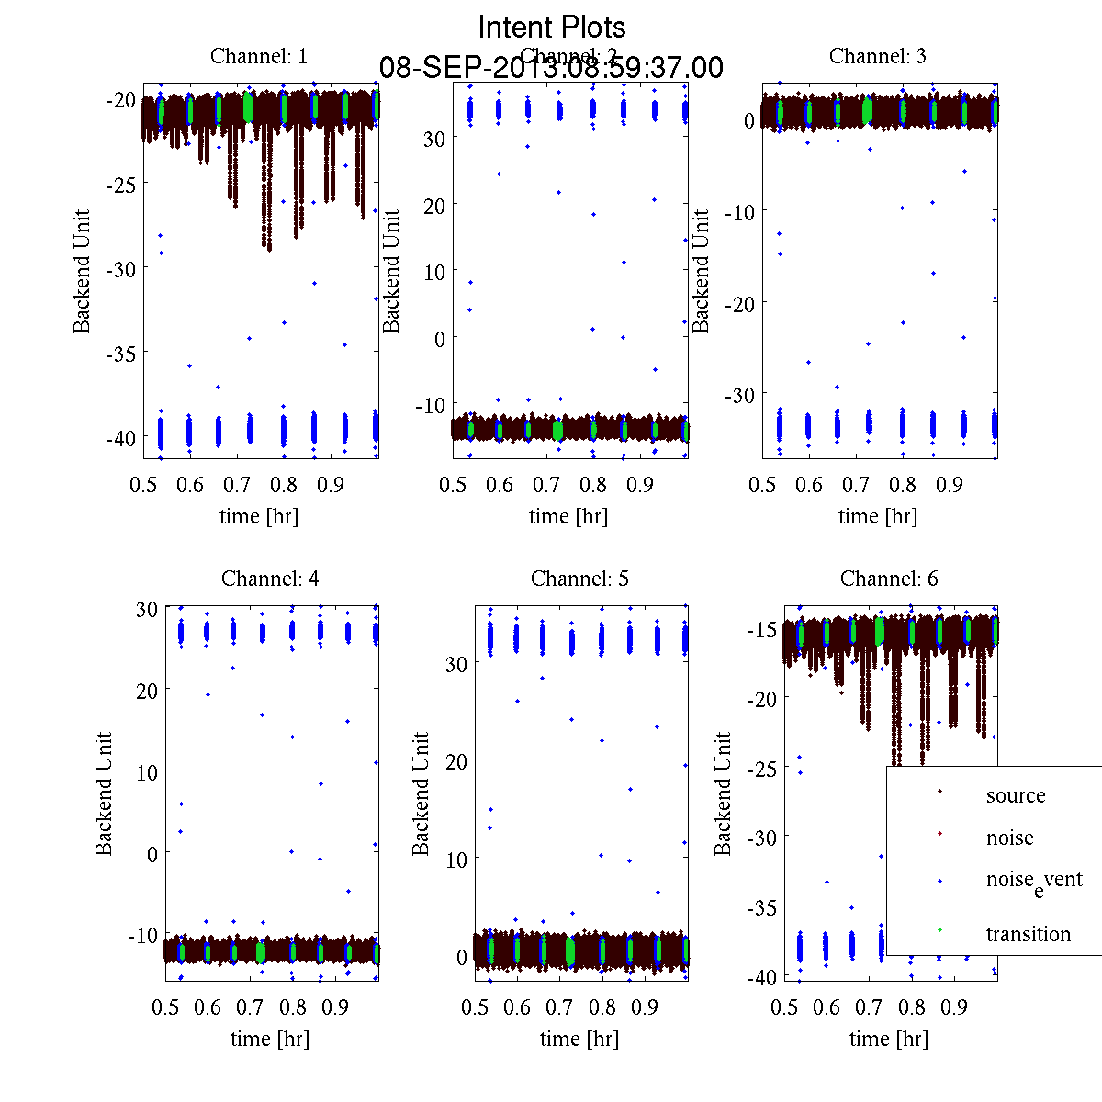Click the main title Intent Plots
[552, 27]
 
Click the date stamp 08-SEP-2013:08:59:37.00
[551, 68]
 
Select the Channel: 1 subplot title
[259, 56]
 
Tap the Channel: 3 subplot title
[878, 56]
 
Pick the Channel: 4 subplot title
[270, 579]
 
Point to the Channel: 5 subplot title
[579, 579]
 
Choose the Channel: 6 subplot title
[889, 579]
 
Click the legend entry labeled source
[1016, 795]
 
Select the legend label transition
[1028, 934]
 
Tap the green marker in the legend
[939, 931]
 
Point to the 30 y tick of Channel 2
[433, 138]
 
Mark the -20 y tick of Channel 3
[739, 303]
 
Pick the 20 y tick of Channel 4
[147, 690]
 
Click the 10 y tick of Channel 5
[456, 860]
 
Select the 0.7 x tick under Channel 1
[237, 485]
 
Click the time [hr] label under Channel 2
[568, 516]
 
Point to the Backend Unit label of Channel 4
[104, 793]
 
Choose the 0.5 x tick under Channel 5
[475, 1007]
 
